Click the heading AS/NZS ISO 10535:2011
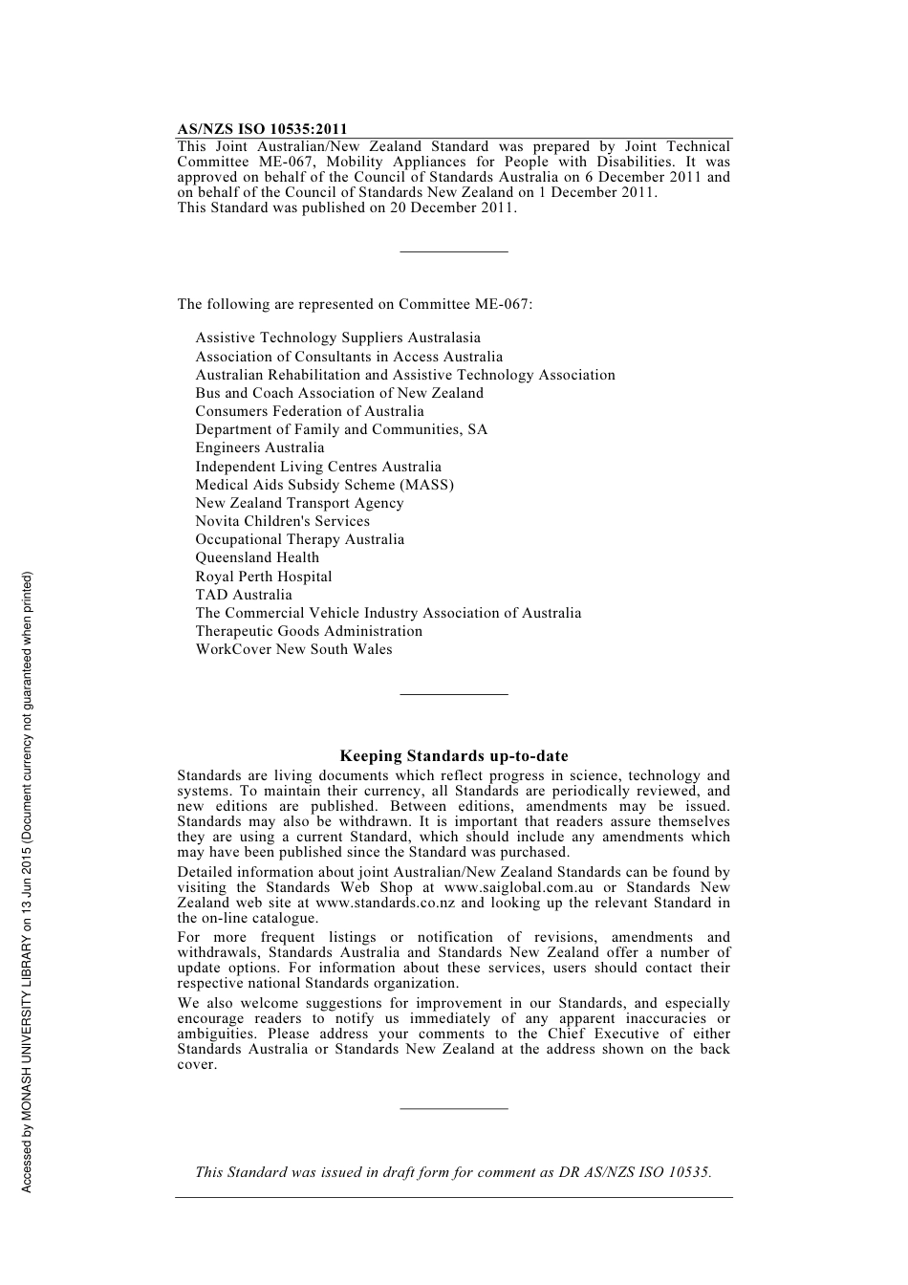pyautogui.click(x=262, y=129)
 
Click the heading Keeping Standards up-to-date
pyautogui.click(x=454, y=756)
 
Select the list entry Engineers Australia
pyautogui.click(x=260, y=447)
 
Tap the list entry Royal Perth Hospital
pyautogui.click(x=264, y=577)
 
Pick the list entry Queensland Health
pyautogui.click(x=257, y=557)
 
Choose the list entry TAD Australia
pyautogui.click(x=244, y=595)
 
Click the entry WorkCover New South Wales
pyautogui.click(x=293, y=649)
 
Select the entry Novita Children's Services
pyautogui.click(x=282, y=521)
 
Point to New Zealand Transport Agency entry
pyautogui.click(x=299, y=503)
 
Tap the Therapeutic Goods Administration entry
pyautogui.click(x=309, y=631)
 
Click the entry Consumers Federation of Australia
pyautogui.click(x=310, y=411)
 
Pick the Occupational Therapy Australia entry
pyautogui.click(x=299, y=539)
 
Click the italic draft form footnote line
pyautogui.click(x=453, y=1172)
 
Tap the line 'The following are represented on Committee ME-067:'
pyautogui.click(x=355, y=304)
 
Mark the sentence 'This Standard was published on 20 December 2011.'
pyautogui.click(x=347, y=207)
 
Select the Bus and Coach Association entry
pyautogui.click(x=339, y=393)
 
